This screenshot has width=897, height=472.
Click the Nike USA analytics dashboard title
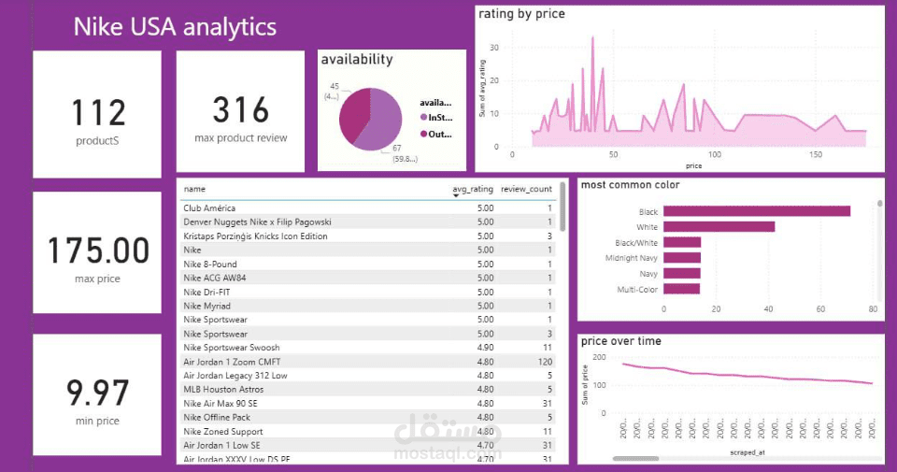coord(175,27)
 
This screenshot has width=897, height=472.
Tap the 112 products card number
coord(98,112)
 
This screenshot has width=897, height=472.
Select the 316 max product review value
coord(240,109)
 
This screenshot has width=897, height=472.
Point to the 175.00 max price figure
coord(98,250)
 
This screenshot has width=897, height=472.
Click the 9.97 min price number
coord(98,393)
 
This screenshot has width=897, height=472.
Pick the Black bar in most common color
coord(757,211)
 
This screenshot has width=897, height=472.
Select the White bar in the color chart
coord(719,226)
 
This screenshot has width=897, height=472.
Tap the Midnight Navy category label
coord(631,258)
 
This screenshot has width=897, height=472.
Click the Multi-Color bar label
coord(637,290)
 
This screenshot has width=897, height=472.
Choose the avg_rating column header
coord(472,189)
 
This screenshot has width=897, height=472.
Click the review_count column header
coord(526,189)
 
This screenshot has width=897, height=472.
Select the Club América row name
coord(209,208)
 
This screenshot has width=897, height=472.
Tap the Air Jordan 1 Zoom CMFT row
coord(230,362)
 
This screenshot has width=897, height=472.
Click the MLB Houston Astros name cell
coord(223,390)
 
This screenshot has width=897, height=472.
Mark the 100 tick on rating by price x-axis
coord(715,154)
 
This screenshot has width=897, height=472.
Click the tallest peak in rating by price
coord(592,38)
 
